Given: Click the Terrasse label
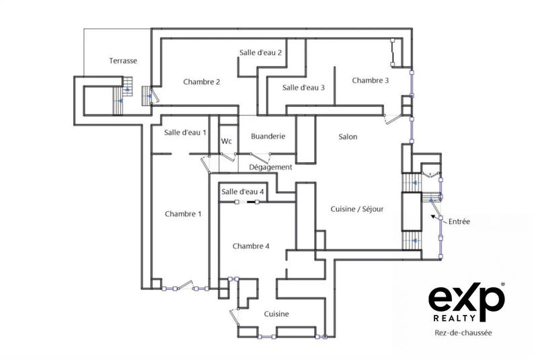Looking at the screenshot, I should (123, 61).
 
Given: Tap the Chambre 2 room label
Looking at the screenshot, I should (202, 82).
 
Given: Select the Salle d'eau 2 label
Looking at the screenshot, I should (260, 52).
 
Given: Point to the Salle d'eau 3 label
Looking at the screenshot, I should (303, 87).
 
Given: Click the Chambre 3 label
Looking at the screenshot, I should (370, 81).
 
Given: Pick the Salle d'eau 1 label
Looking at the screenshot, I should (185, 133).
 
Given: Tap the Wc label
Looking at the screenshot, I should (227, 141).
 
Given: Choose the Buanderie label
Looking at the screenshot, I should (268, 137).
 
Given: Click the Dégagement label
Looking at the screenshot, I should (270, 167).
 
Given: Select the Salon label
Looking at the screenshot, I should (348, 137).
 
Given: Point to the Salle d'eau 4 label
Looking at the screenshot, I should (242, 192).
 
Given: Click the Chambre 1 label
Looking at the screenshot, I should (183, 214).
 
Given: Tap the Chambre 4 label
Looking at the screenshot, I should (251, 246).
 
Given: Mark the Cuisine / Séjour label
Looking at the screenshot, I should (356, 209).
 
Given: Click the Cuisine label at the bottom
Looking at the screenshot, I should (276, 314).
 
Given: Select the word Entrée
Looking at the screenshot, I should (459, 221).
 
